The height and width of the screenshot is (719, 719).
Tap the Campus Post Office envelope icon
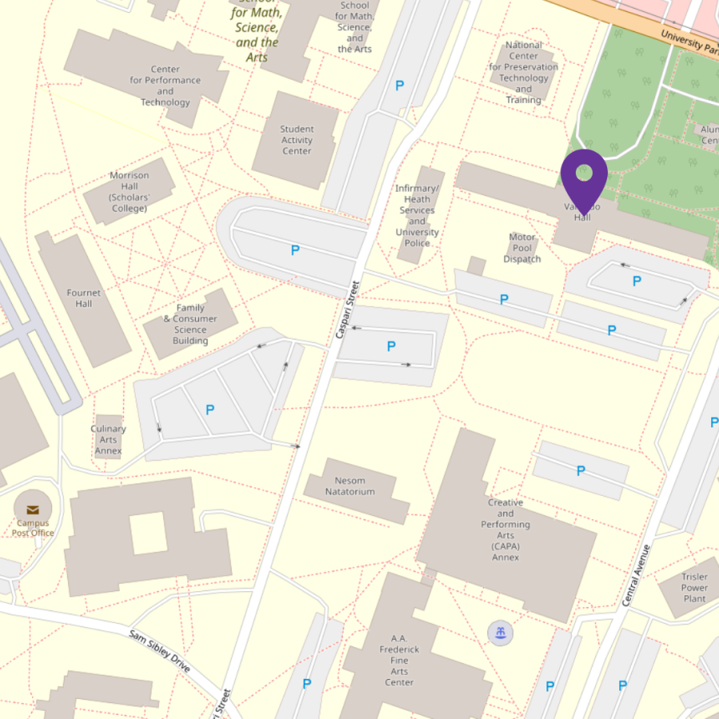click(33, 510)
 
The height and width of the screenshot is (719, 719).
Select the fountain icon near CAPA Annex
click(500, 634)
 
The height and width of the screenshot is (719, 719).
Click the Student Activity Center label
click(296, 140)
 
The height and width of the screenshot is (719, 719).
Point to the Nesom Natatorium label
click(350, 486)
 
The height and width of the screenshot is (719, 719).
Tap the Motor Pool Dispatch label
click(522, 248)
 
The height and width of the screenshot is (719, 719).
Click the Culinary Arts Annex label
click(108, 439)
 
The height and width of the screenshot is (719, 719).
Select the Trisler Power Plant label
click(694, 587)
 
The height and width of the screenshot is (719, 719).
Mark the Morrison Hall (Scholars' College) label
click(129, 192)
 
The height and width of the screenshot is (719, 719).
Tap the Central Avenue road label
click(635, 574)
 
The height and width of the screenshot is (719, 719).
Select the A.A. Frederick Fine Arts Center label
click(399, 660)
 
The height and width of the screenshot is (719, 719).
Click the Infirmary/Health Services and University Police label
click(417, 215)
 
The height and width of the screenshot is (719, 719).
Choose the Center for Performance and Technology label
click(165, 85)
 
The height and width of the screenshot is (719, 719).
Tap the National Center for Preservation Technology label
click(523, 73)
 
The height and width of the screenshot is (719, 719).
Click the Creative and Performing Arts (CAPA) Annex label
click(506, 530)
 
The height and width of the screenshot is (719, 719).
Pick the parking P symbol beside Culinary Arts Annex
click(210, 410)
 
